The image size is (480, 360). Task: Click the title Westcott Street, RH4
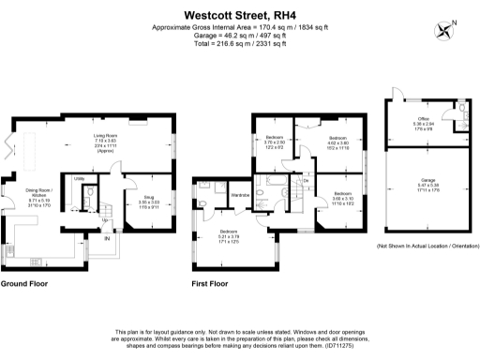pyautogui.click(x=239, y=15)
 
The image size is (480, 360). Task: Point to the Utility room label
pyautogui.click(x=79, y=177)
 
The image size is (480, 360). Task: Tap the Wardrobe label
pyautogui.click(x=240, y=194)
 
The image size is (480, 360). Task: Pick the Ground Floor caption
pyautogui.click(x=24, y=282)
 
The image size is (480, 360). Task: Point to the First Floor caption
pyautogui.click(x=211, y=282)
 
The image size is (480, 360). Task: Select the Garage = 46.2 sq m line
pyautogui.click(x=239, y=36)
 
